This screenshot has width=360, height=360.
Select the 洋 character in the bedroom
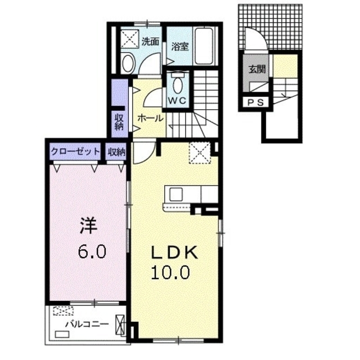[89, 226]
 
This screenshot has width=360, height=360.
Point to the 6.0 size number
[92, 250]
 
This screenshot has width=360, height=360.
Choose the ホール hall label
[150, 118]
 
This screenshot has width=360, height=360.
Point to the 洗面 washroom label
[150, 41]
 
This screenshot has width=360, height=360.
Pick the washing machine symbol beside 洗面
[130, 38]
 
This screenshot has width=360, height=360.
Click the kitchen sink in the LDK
[174, 193]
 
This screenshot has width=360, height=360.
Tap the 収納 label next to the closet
[117, 151]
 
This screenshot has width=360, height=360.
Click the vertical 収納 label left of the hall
[119, 122]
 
